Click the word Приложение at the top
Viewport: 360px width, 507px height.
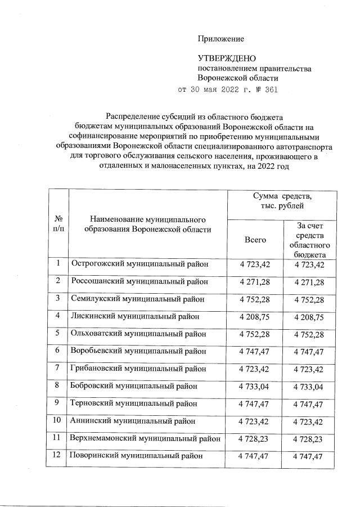pyautogui.click(x=220, y=39)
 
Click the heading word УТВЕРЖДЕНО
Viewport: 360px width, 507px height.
pyautogui.click(x=227, y=59)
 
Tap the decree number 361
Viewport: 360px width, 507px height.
pyautogui.click(x=269, y=89)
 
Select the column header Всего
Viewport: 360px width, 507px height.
pyautogui.click(x=255, y=239)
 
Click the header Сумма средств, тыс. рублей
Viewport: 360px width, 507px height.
pyautogui.click(x=282, y=202)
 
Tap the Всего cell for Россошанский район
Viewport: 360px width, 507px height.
pyautogui.click(x=255, y=281)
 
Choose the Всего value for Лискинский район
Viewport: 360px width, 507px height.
pyautogui.click(x=255, y=317)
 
